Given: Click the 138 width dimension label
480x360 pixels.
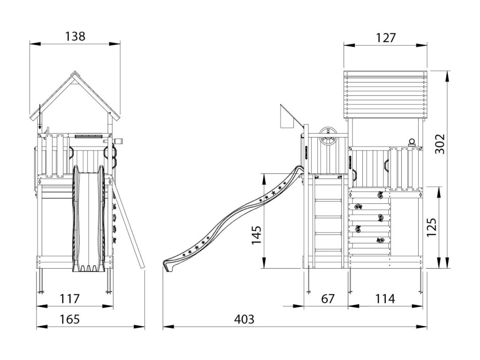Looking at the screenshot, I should tap(75, 36).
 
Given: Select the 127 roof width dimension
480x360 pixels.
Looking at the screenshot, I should tap(385, 38).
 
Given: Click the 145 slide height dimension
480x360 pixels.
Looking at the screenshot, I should tap(255, 236).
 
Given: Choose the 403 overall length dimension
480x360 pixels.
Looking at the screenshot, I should tap(244, 320).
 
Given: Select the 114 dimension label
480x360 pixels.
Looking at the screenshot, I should tap(384, 299).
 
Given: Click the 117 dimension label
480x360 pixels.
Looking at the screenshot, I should tap(70, 299).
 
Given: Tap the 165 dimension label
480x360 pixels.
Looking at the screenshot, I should tap(70, 320).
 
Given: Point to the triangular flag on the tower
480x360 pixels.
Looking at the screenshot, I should tap(287, 117).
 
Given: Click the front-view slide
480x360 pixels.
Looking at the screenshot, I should tap(87, 220).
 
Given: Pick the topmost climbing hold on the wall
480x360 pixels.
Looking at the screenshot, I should tap(379, 194).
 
